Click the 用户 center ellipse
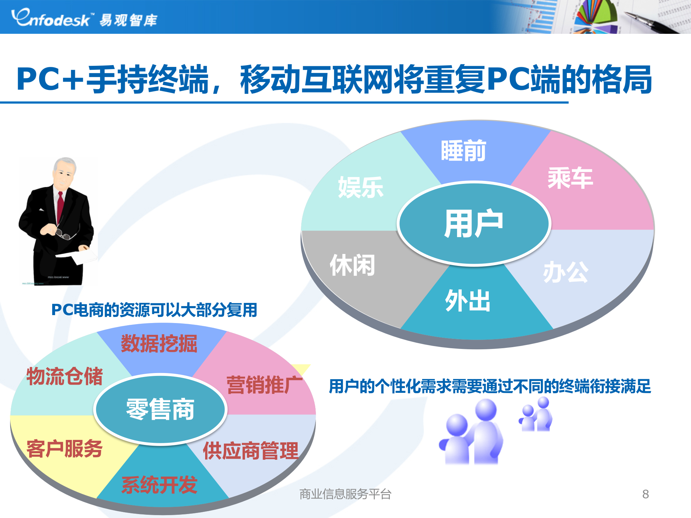pos(474,223)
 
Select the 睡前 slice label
pos(463,151)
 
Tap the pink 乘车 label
pos(570,178)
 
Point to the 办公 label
pos(565,272)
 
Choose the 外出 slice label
pos(467,301)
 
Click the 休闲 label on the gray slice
pos(352,265)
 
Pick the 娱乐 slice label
pos(360,187)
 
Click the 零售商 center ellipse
pos(160,409)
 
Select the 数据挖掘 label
pos(159,344)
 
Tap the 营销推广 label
pos(265,385)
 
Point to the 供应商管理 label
pos(250,451)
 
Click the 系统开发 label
pos(159,485)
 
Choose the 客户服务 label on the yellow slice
pos(64,449)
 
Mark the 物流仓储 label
pos(64,377)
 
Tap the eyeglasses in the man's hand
pos(63,234)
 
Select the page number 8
pos(645,494)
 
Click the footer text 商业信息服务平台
pos(345,494)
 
